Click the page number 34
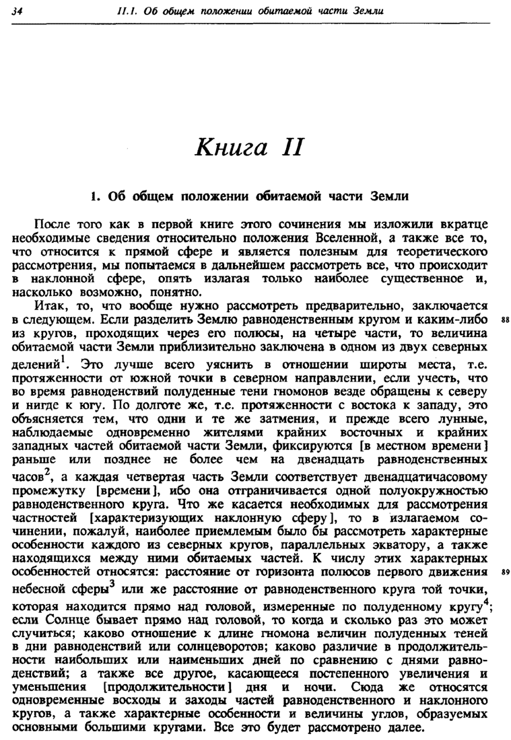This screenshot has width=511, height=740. point(17,12)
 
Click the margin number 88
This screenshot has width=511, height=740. point(500,320)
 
